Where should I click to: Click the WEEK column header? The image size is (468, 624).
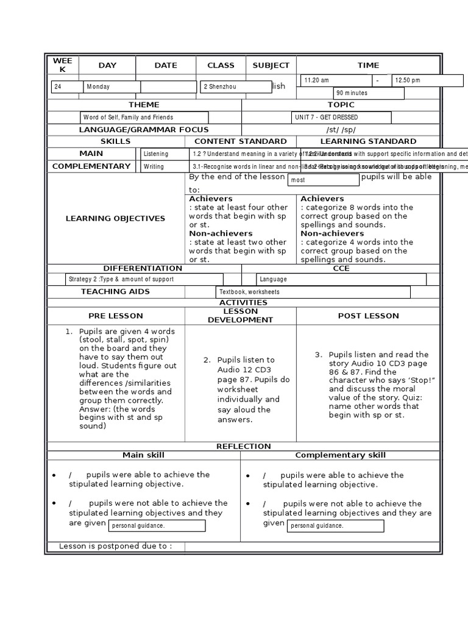pos(62,65)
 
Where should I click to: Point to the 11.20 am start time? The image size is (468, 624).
pos(336,80)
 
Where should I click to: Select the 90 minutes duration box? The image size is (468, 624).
pos(368,93)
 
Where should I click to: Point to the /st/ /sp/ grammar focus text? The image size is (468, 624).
pos(341,129)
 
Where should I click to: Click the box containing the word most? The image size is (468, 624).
pos(323,180)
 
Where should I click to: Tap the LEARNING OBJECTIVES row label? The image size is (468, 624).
pos(115,218)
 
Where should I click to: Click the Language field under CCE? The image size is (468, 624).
pos(341,279)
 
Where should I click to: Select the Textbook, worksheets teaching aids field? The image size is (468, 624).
pos(313,292)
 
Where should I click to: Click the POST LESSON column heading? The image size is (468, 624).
pos(368,316)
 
